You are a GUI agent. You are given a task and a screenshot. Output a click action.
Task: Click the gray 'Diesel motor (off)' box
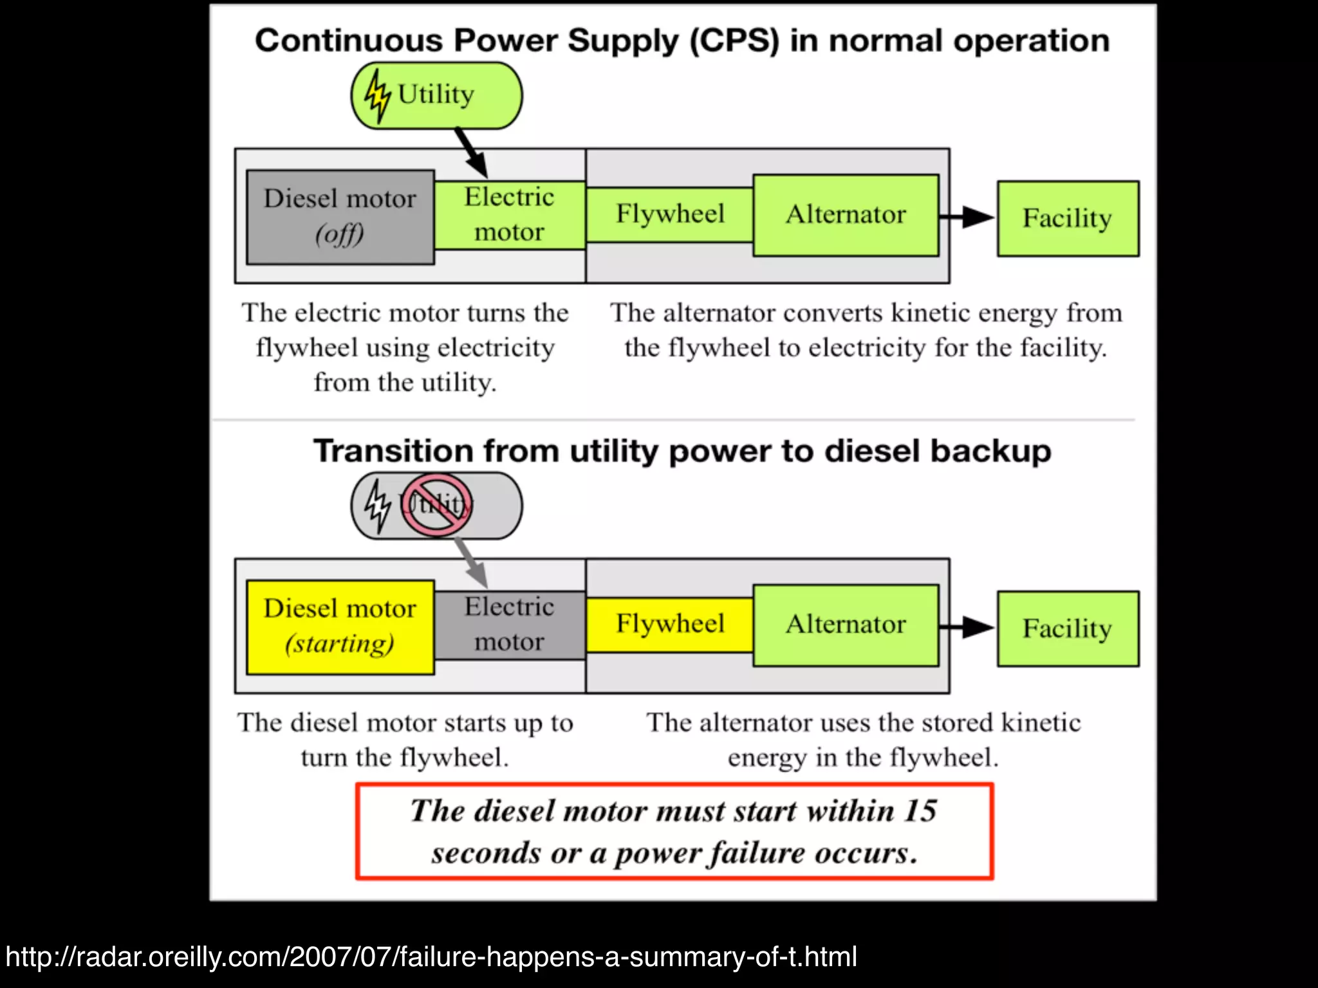click(340, 217)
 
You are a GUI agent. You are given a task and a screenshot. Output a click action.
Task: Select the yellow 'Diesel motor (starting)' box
click(340, 627)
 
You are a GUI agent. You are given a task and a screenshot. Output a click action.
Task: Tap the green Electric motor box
click(509, 215)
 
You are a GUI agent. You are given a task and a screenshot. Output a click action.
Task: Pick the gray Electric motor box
click(509, 625)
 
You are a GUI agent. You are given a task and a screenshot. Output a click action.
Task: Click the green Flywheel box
click(669, 214)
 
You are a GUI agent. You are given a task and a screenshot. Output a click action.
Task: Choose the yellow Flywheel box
click(669, 625)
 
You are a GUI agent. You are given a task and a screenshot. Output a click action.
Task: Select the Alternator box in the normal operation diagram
click(846, 215)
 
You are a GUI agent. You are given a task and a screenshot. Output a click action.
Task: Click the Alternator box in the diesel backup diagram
click(846, 625)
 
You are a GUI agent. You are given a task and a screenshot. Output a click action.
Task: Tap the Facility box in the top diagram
click(1068, 218)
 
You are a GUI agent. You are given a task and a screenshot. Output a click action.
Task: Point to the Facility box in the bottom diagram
click(1068, 628)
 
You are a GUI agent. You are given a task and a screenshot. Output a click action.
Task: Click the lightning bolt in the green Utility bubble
click(377, 96)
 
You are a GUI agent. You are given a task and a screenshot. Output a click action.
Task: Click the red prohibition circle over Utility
click(437, 505)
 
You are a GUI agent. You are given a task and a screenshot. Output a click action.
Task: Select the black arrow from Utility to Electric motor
click(471, 152)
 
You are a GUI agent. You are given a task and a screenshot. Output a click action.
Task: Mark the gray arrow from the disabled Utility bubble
click(471, 562)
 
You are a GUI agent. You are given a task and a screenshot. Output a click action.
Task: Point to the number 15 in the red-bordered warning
click(920, 810)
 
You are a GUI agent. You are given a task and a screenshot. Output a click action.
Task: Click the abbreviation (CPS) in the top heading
click(734, 41)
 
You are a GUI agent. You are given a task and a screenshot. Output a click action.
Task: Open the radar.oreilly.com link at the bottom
click(431, 957)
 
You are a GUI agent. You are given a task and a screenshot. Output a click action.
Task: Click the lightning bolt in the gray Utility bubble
click(377, 506)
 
